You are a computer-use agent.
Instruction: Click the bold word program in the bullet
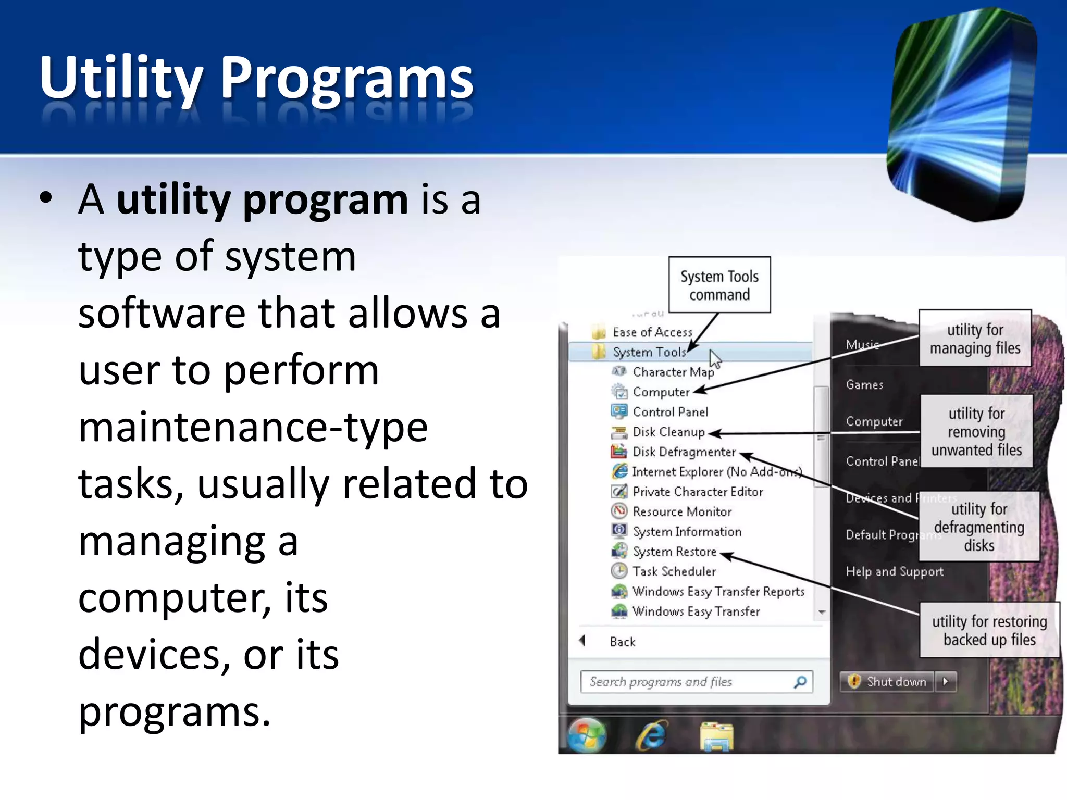(x=325, y=201)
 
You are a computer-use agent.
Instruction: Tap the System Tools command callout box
(x=719, y=285)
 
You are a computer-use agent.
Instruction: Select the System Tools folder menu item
(x=649, y=353)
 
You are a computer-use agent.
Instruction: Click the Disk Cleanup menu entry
(x=668, y=432)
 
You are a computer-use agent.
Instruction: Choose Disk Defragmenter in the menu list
(x=684, y=452)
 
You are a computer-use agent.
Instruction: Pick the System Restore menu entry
(x=674, y=552)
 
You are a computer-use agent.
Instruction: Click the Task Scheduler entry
(x=674, y=571)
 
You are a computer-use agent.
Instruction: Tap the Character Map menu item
(x=673, y=372)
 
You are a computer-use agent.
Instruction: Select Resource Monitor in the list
(x=681, y=512)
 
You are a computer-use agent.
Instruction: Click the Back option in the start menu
(x=622, y=642)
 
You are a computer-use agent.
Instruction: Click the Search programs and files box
(x=688, y=682)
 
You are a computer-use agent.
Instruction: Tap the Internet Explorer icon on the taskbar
(x=651, y=735)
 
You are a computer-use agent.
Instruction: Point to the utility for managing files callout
(x=975, y=339)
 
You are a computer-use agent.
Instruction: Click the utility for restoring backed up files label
(x=989, y=630)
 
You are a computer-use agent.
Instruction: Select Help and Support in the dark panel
(x=894, y=571)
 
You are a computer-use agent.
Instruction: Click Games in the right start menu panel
(x=864, y=385)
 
